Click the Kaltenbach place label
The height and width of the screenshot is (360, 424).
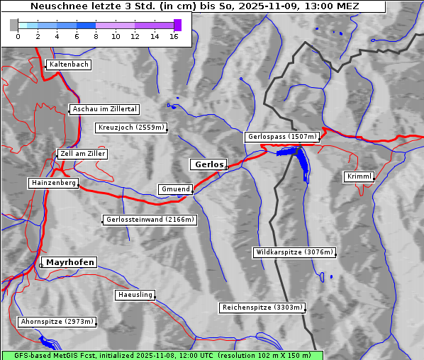coord(69,64)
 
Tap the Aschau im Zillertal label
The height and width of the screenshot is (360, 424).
coord(104,109)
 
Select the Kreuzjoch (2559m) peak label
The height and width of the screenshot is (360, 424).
coord(131,128)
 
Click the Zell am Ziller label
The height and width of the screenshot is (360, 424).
coord(83,154)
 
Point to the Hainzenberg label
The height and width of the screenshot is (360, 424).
coord(52,183)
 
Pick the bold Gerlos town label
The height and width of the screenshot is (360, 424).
coord(208,164)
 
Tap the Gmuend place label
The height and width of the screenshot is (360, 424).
coord(175,189)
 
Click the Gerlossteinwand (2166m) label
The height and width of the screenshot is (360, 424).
coord(150,220)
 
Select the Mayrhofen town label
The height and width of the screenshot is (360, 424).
coord(70,262)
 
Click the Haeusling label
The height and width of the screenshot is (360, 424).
coord(135,295)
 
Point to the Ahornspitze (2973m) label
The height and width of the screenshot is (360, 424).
coord(57,322)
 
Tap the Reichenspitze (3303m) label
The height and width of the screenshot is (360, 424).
coord(263,308)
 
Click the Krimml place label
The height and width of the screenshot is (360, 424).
coord(359,176)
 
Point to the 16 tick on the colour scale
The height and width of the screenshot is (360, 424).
coord(174,36)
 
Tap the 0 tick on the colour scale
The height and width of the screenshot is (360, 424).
coord(18,36)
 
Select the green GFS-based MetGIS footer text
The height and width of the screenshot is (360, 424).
coord(162,355)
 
